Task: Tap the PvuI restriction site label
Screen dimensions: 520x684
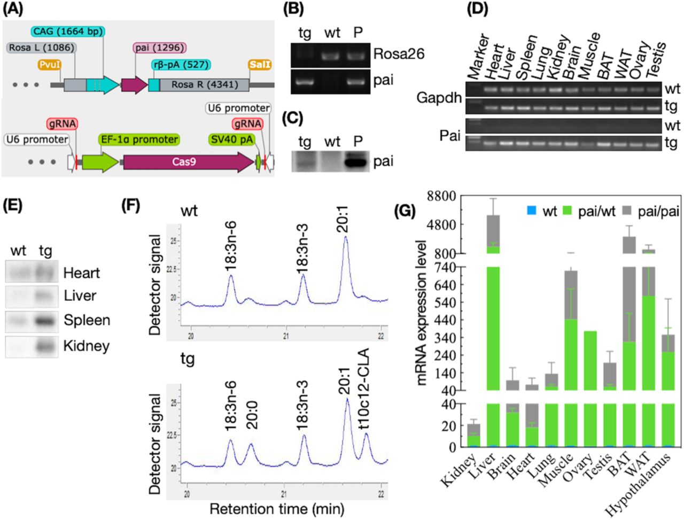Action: click(x=50, y=65)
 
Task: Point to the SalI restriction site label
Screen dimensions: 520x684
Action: click(x=260, y=65)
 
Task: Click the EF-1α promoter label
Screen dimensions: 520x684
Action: click(x=138, y=139)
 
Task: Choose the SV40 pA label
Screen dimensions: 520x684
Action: click(x=231, y=139)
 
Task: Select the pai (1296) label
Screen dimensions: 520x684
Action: click(x=159, y=48)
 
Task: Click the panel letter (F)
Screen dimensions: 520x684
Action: click(x=132, y=205)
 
